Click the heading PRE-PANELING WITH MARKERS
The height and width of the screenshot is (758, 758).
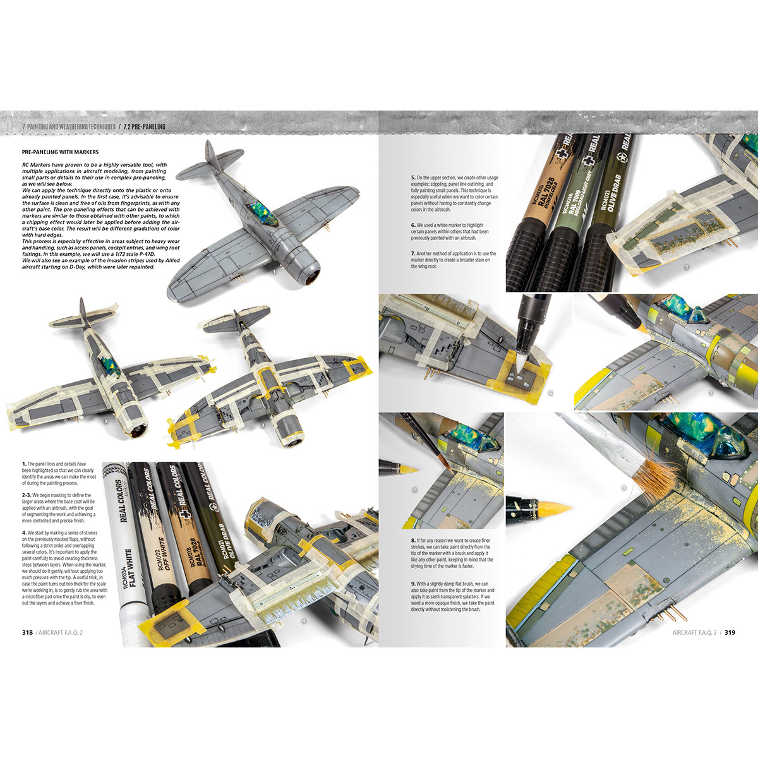[60, 152]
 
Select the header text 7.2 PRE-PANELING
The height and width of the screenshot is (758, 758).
[145, 127]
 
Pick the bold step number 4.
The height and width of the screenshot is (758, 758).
[24, 532]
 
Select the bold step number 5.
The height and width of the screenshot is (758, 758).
[412, 177]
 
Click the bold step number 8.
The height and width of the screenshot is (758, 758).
[412, 541]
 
